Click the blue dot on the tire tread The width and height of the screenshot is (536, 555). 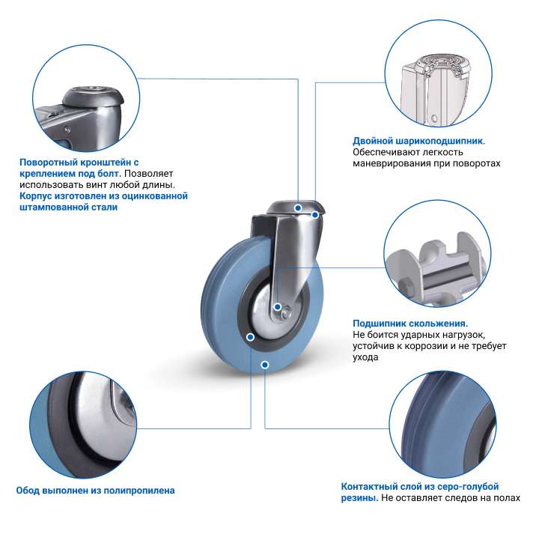[265, 365]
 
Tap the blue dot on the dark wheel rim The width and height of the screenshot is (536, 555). [251, 337]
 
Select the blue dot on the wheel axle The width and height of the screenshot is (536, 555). [278, 307]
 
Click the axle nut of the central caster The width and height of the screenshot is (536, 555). [286, 313]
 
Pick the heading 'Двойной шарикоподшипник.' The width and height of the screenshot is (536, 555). [419, 142]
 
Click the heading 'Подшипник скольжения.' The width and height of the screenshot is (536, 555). [410, 324]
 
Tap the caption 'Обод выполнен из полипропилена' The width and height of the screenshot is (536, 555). [96, 491]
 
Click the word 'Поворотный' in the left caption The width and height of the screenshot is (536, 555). [49, 163]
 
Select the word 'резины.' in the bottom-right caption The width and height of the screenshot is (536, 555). [359, 498]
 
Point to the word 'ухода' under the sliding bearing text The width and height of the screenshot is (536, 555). [365, 357]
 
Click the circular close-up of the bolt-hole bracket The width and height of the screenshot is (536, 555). [86, 98]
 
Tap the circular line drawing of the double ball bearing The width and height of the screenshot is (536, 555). [439, 73]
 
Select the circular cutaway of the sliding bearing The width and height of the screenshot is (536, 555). [437, 254]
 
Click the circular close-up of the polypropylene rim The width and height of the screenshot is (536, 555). [84, 425]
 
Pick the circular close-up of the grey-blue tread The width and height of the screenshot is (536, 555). [442, 425]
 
